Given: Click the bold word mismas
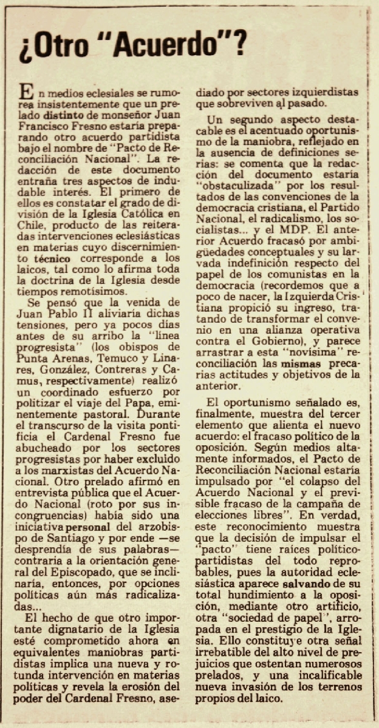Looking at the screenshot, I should pos(297,363).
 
